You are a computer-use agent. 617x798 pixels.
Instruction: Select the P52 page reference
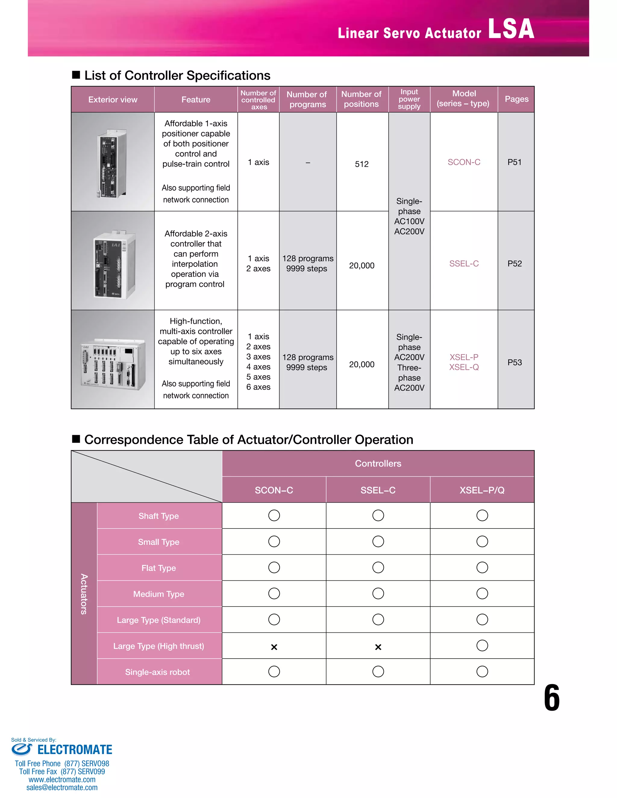point(514,263)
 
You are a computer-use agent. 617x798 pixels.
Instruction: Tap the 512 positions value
point(362,164)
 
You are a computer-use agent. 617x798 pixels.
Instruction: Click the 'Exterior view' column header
point(113,99)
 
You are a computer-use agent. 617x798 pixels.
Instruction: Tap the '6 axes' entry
point(258,387)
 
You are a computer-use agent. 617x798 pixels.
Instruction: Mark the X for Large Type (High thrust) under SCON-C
point(274,647)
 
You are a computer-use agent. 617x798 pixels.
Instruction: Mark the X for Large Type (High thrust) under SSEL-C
point(378,647)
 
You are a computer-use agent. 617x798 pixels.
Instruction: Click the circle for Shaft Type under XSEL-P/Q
point(482,516)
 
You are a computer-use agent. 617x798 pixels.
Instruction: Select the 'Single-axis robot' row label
point(157,672)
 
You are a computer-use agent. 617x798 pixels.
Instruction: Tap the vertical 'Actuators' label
point(84,594)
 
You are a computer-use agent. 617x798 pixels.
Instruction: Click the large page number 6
point(551,698)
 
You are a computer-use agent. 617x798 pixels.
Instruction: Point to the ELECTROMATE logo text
point(75,750)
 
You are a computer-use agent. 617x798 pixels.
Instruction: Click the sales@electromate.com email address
point(62,787)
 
